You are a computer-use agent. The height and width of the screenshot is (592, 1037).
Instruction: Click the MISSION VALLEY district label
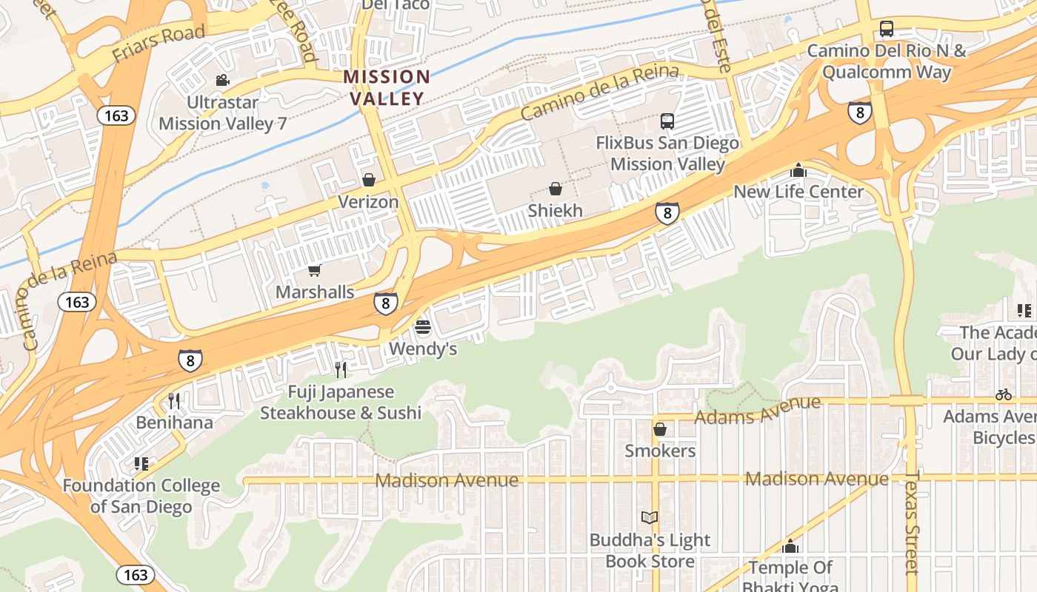coord(386,87)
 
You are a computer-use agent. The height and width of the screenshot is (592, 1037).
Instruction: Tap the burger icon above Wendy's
coord(423,326)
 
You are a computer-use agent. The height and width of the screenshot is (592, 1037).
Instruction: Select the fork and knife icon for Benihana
coord(174,401)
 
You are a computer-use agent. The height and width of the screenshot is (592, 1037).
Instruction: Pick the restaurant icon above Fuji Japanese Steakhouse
coord(341,369)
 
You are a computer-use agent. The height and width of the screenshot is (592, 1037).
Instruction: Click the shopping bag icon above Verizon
coord(368,180)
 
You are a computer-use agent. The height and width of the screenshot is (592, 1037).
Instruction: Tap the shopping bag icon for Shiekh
coord(555,189)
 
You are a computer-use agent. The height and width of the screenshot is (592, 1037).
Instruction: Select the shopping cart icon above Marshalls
coord(315,271)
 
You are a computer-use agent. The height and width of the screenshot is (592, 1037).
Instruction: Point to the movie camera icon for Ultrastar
coord(222,80)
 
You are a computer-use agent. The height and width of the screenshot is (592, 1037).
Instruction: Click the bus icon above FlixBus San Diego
coord(667,121)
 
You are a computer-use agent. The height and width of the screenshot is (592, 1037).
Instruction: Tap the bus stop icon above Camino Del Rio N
coord(886,30)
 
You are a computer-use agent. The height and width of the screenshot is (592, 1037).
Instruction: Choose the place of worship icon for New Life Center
coord(798,170)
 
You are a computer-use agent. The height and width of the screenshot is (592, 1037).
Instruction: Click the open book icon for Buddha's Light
coord(649,518)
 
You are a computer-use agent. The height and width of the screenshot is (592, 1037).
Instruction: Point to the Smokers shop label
coord(660,451)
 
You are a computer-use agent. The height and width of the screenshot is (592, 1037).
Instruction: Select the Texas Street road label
coord(912,522)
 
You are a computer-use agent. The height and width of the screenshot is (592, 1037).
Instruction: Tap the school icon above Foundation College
coord(141,464)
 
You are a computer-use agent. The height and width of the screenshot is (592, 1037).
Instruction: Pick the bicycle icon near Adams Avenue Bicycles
coord(1004,395)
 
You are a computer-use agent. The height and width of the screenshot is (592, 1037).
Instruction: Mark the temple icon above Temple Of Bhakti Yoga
coord(790,546)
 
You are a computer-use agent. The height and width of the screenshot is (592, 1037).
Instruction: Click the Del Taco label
coord(395,5)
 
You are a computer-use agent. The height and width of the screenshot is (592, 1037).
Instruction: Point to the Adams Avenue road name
coord(757,411)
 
